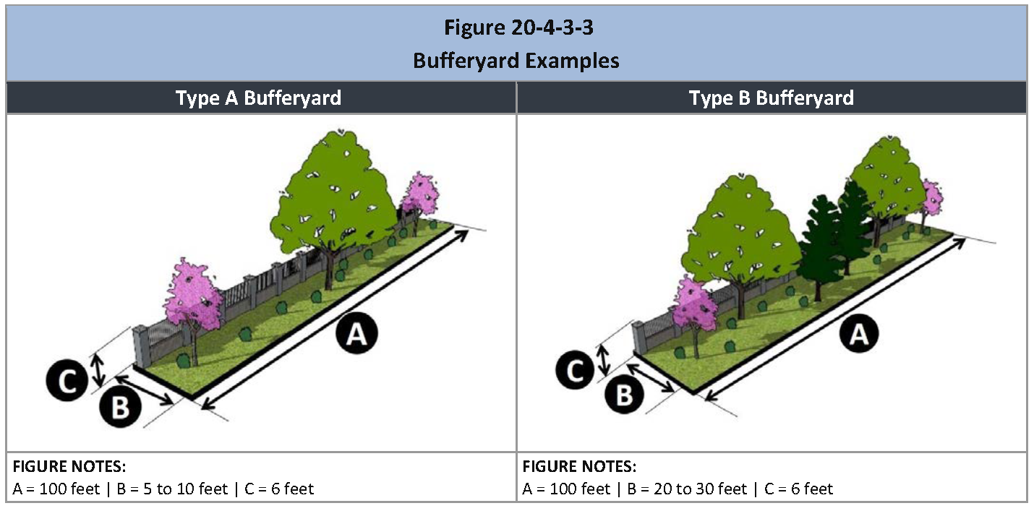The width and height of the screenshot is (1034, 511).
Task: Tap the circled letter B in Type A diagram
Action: [120, 406]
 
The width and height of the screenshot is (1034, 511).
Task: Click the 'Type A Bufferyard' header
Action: [258, 98]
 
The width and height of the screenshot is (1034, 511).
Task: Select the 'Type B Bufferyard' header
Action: [771, 98]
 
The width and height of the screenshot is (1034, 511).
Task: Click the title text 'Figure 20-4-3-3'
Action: [516, 28]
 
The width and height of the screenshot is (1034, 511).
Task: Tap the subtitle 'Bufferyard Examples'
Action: [516, 60]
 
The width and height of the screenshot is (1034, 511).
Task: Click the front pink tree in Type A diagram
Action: [193, 296]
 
